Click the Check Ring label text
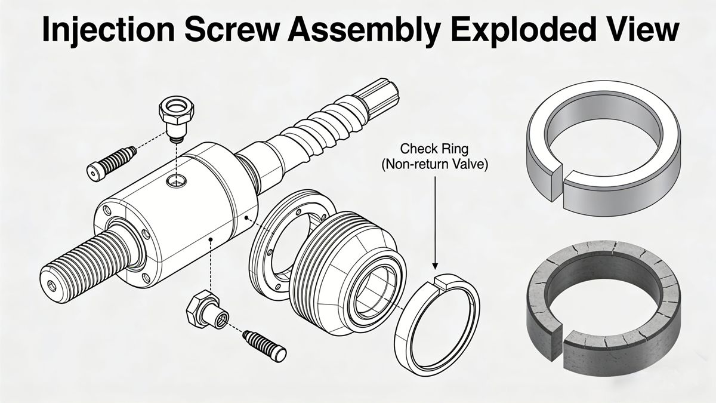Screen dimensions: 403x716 (434, 147)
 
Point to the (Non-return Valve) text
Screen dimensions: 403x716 (434, 164)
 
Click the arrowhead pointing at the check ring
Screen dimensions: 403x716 (435, 265)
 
